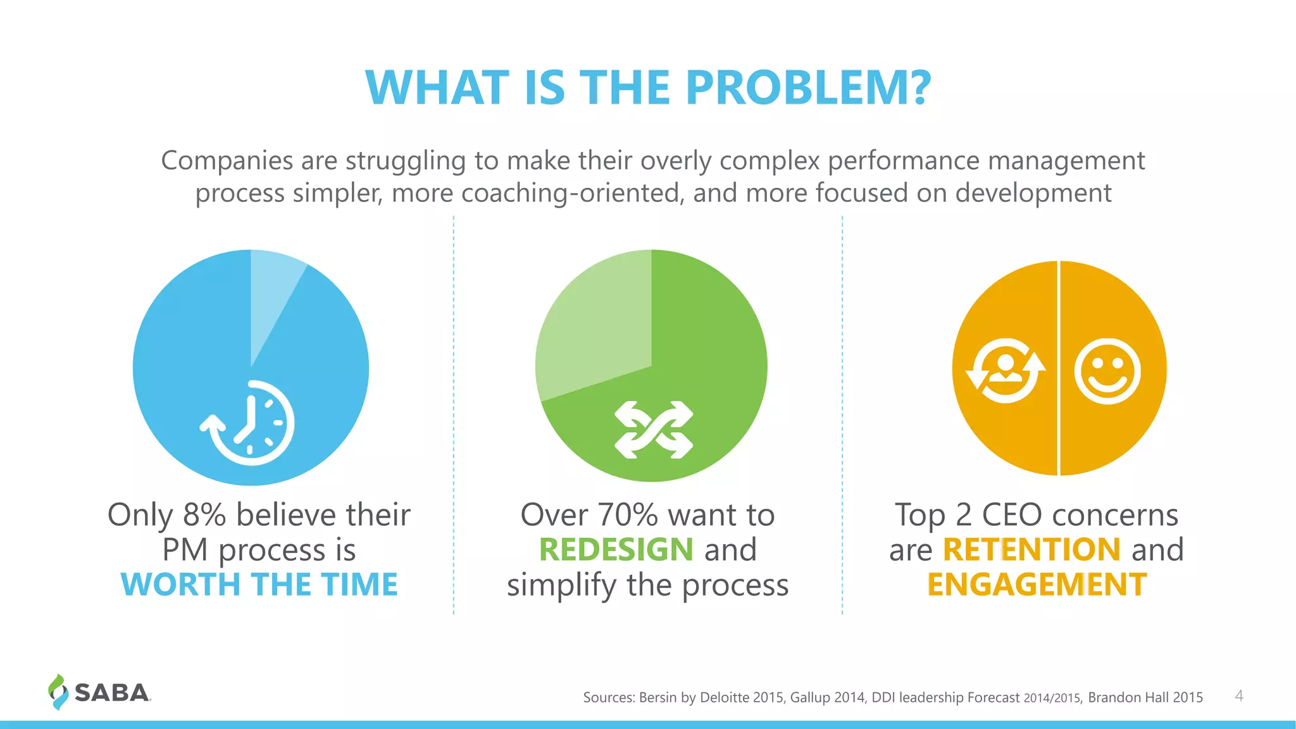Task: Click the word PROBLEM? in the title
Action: coord(808,87)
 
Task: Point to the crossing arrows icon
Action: coord(654,430)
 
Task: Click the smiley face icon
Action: coord(1107,371)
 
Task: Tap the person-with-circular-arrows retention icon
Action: coord(1006,371)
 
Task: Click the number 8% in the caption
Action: coord(204,515)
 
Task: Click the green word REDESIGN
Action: coord(616,549)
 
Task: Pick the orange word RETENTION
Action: coord(1031,549)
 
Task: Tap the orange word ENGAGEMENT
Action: coord(1037,584)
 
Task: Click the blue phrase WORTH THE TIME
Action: coord(259,584)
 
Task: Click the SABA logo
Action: coord(100,692)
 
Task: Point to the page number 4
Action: coord(1239,696)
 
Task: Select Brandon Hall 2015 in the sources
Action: coord(1145,697)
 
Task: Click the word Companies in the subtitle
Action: coord(227,161)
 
